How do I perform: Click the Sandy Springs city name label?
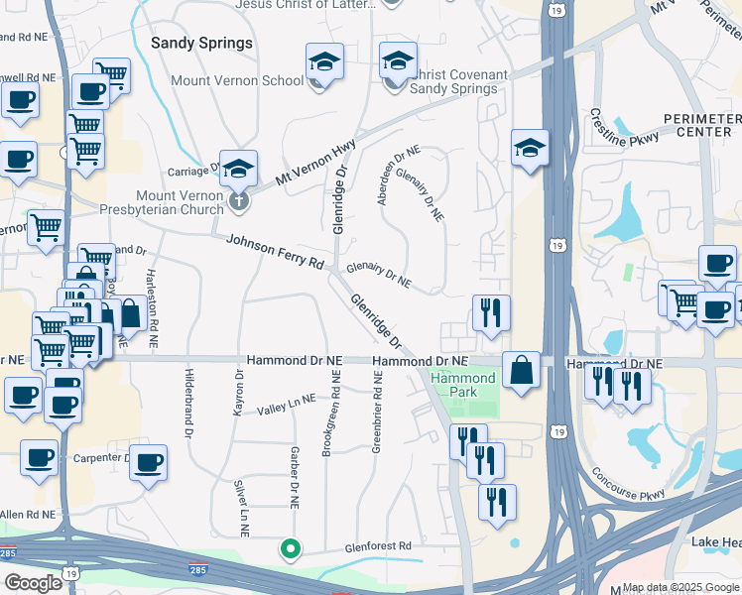[201, 44]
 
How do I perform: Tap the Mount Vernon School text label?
[237, 81]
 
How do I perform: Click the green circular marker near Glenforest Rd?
[290, 547]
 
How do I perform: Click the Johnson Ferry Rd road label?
[275, 252]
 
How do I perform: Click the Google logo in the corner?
[33, 583]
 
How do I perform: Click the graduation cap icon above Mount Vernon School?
[323, 62]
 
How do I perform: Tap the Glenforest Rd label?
[377, 546]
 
